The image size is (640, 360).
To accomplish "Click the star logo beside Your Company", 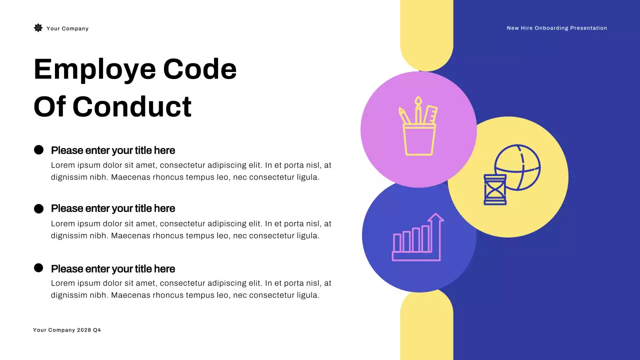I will point(38,28).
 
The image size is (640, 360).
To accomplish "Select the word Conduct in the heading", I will point(132,106).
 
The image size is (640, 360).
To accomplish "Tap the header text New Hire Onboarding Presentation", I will point(556,28).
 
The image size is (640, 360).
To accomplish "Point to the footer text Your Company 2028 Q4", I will point(67,330).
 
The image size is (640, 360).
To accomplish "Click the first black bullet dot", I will point(38,150).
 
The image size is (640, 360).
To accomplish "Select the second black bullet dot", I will point(38,208).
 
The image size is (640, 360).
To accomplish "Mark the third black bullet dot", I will point(38,268).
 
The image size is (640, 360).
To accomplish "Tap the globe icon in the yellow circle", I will point(518,167).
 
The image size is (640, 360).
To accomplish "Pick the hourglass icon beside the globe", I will point(495,189).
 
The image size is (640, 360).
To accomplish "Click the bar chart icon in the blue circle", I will point(412,242).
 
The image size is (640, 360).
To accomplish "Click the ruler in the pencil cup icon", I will point(430,114).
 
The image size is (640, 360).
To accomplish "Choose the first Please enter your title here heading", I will point(113,150).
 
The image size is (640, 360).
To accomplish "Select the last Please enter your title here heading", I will point(113,269).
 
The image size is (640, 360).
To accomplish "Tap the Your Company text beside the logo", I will point(67,28).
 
